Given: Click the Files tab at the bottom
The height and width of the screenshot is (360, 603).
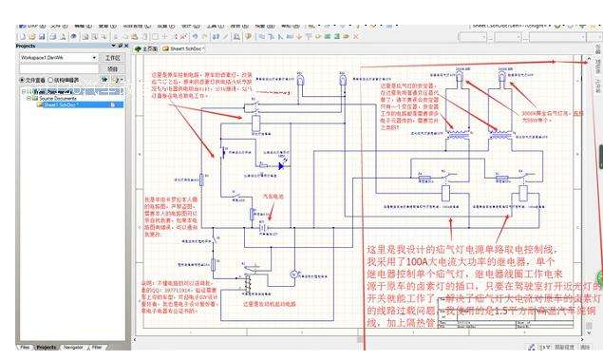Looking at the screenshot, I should point(25,348).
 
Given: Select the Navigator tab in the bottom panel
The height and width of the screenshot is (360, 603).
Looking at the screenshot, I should point(73,348).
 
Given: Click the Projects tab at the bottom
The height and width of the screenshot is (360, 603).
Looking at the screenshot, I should point(47,348).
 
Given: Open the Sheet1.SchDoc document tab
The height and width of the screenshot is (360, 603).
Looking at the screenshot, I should point(181,47).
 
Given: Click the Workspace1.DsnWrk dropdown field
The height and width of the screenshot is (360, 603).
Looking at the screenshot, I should point(56,58).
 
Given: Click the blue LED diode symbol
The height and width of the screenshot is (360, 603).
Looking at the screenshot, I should point(281,164).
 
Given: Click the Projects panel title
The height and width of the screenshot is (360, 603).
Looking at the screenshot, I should point(27,45).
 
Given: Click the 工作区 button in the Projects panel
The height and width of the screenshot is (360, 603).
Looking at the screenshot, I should point(113,58).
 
